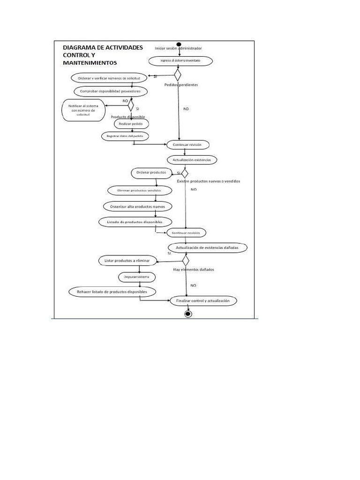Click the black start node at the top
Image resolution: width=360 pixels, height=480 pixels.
pos(179,45)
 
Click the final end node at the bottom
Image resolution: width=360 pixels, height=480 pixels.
pos(188,314)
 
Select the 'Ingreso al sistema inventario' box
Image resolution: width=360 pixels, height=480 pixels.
pos(180,61)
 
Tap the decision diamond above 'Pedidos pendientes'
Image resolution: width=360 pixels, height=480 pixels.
pos(178,75)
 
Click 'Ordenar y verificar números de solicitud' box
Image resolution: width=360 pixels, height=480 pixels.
pos(109,77)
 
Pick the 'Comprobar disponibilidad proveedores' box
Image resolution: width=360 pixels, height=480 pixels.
pos(111,91)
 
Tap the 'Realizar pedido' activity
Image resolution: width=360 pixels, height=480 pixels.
pos(131,124)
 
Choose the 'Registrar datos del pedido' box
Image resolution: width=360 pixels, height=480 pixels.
pos(125,136)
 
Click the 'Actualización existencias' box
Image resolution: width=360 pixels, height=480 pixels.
pos(192,160)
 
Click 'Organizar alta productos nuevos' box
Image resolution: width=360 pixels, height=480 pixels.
pos(137,206)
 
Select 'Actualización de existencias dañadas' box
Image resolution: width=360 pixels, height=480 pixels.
pos(207,247)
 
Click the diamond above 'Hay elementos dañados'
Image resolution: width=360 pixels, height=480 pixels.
pos(186,260)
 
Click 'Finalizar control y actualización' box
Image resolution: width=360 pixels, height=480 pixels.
pos(203,300)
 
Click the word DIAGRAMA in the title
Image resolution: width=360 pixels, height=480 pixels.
pos(81,48)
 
